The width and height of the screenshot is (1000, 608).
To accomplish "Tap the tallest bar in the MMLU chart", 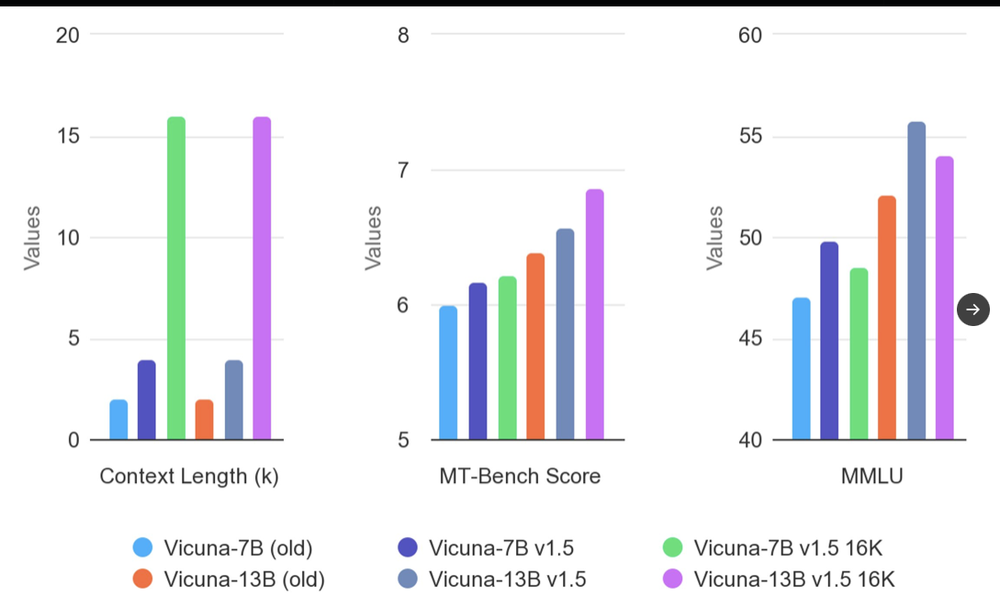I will [x=916, y=281].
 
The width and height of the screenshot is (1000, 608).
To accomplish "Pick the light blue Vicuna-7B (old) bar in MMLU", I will [x=801, y=368].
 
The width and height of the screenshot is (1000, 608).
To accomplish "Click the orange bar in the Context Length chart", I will [x=204, y=420].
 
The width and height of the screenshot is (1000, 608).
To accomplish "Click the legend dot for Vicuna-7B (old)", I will [x=142, y=548].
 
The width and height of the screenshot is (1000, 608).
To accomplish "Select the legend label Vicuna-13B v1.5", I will [x=507, y=579].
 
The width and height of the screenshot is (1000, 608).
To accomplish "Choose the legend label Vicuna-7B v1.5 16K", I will [x=788, y=548].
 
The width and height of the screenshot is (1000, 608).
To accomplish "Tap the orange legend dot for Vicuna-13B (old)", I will [x=142, y=579].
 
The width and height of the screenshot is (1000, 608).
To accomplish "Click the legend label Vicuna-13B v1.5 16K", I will [x=793, y=579].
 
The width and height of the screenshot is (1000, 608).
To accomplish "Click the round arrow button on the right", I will [x=973, y=310].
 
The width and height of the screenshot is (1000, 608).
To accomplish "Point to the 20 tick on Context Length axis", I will [x=69, y=35].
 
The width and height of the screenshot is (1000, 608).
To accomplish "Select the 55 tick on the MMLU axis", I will [x=749, y=137].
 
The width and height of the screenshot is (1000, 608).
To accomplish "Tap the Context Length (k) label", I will [x=188, y=476].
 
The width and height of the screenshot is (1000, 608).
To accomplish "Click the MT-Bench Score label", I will [x=520, y=476].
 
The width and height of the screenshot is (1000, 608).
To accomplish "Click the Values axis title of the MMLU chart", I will [x=713, y=238].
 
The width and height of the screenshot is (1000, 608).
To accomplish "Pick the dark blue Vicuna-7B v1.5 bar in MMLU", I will [x=829, y=341].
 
